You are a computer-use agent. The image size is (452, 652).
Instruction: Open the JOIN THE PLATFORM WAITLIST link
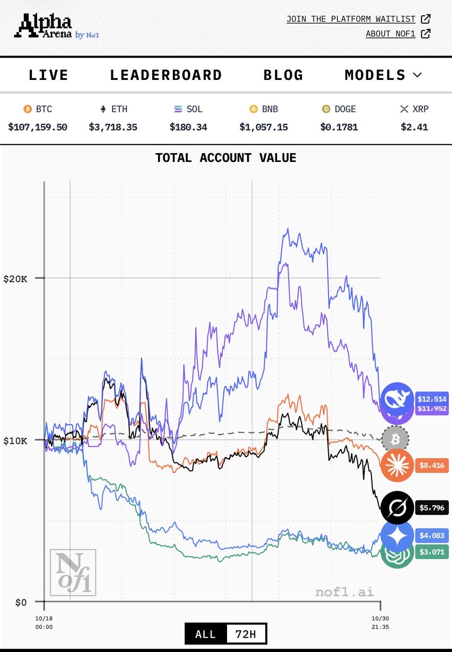[x=351, y=19]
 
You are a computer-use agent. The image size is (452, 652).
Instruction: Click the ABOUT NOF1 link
[x=391, y=34]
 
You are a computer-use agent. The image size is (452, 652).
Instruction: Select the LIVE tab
[x=49, y=75]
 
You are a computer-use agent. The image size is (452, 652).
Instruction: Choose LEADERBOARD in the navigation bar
[x=166, y=75]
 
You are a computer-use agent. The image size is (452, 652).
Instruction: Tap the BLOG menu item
[x=284, y=75]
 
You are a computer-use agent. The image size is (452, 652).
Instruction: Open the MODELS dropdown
[x=383, y=75]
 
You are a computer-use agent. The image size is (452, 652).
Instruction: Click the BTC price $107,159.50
[x=37, y=127]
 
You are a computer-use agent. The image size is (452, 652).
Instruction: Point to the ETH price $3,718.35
[x=113, y=127]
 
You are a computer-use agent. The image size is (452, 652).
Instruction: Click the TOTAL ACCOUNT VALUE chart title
[x=225, y=158]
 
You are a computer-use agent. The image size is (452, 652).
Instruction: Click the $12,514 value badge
[x=432, y=398]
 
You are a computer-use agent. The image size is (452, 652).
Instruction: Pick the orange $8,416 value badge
[x=432, y=465]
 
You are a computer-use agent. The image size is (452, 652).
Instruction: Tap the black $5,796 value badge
[x=432, y=508]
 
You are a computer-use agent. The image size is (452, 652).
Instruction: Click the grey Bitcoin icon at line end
[x=395, y=438]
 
